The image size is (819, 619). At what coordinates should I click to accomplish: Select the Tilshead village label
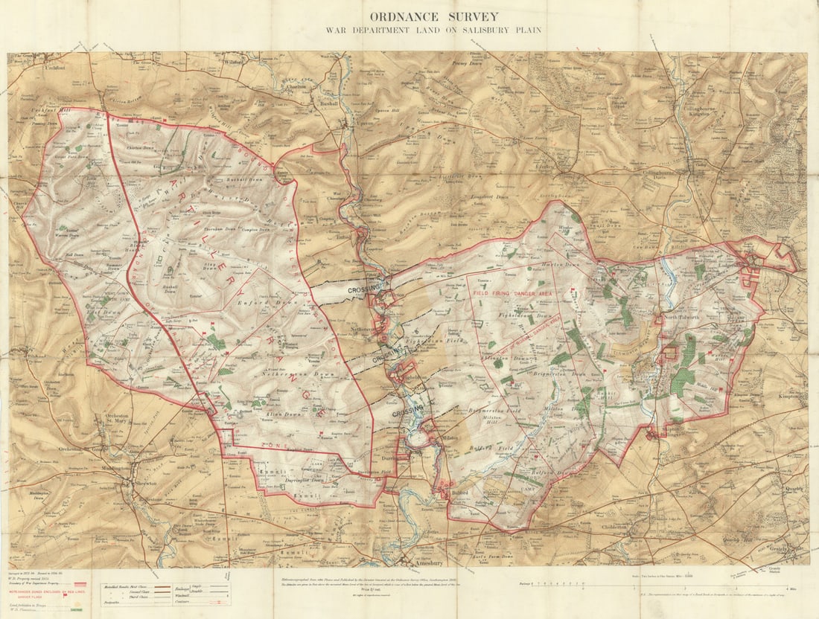[35, 357]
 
